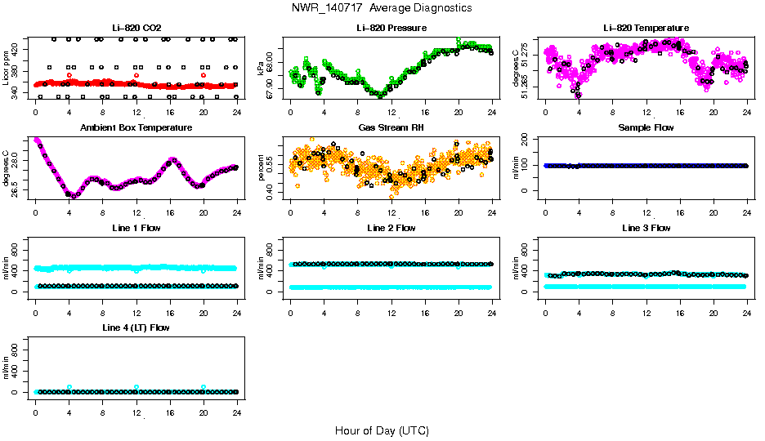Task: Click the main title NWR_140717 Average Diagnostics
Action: (x=382, y=8)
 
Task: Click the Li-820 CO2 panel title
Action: (x=136, y=28)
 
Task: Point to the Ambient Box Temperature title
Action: (x=136, y=128)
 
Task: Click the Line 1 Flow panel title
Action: (x=136, y=228)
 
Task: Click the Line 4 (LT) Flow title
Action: (x=136, y=328)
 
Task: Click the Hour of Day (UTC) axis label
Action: (x=382, y=430)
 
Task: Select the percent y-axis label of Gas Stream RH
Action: (x=262, y=167)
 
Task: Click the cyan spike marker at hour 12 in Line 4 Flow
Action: (x=136, y=387)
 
